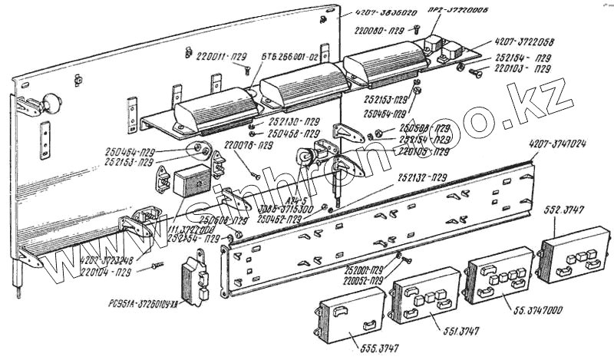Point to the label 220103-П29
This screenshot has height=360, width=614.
(x=523, y=68)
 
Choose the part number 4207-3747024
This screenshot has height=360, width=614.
(x=558, y=143)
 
